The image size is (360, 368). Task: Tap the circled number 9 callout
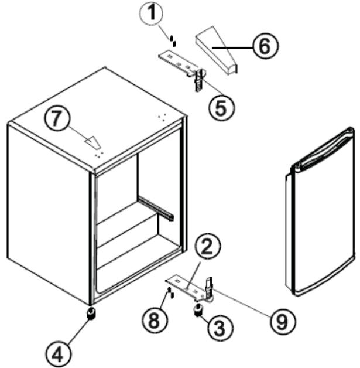[x=281, y=320]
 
